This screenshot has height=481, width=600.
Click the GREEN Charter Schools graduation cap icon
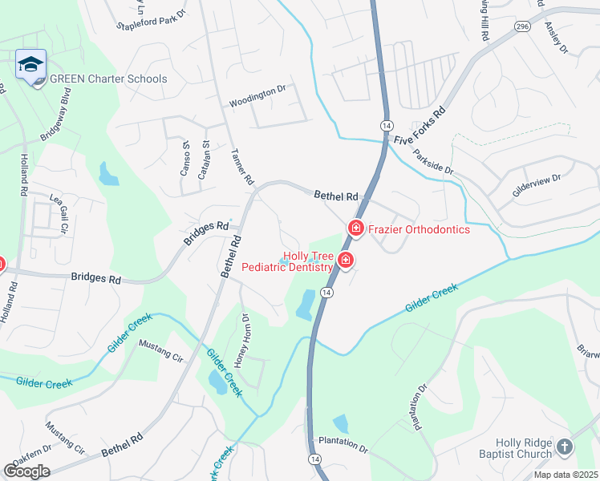click(30, 64)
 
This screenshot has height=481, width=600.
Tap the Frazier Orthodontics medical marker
click(355, 229)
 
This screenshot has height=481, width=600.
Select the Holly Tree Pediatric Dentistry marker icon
click(346, 260)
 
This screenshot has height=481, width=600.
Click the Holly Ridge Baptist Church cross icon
click(564, 447)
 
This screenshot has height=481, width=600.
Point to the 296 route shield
click(522, 26)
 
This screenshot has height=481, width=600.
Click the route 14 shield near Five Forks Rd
click(387, 127)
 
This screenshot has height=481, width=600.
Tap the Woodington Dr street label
click(257, 101)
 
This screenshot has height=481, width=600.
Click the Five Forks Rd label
click(420, 127)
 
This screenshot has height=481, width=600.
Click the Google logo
click(26, 471)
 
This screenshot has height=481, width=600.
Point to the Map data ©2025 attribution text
click(566, 475)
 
